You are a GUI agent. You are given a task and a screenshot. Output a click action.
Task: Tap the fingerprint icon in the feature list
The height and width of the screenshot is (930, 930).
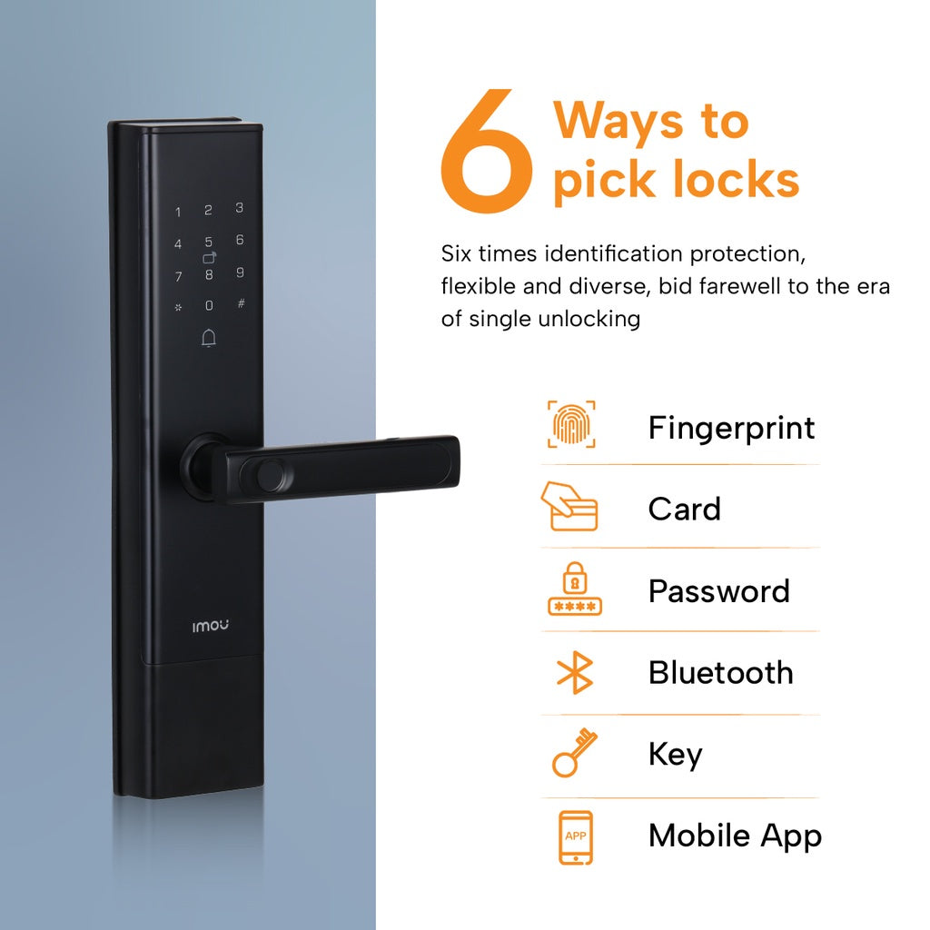click(571, 425)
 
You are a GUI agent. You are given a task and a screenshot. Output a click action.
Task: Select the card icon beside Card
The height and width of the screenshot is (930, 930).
click(569, 507)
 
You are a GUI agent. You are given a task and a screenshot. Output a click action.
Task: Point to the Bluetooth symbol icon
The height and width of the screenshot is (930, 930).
click(574, 673)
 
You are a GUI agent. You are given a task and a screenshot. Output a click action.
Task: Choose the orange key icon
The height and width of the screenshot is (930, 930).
click(574, 754)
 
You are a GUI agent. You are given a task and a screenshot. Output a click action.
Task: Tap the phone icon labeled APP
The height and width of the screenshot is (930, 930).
click(575, 836)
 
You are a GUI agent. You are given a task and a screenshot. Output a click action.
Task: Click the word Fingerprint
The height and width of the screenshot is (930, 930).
click(731, 428)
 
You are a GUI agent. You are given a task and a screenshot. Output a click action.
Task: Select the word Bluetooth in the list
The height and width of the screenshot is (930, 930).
click(720, 673)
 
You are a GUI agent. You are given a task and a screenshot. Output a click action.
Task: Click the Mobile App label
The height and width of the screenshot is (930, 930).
click(734, 836)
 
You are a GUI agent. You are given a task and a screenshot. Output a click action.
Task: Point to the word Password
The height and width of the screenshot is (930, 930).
click(718, 591)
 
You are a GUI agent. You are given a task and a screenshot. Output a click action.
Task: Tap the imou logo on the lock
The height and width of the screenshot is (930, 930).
click(210, 626)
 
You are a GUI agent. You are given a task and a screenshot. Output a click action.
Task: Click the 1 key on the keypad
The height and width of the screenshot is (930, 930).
click(178, 213)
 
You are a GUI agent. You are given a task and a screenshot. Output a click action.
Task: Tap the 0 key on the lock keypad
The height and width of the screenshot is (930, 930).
click(209, 307)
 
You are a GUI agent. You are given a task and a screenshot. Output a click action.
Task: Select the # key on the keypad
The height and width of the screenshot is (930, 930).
click(241, 302)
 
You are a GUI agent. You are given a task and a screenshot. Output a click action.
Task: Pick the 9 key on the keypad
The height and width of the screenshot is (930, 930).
click(240, 272)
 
